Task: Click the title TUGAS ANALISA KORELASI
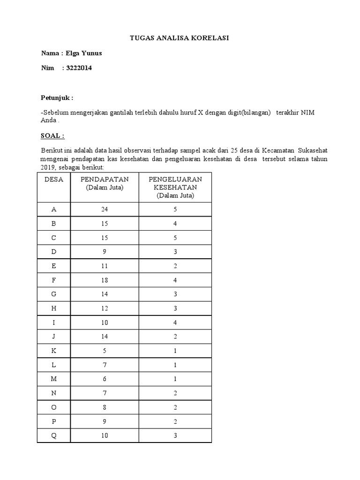point(180,38)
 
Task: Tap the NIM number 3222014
point(79,68)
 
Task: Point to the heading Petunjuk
point(57,98)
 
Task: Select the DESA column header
point(53,180)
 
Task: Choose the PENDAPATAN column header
point(104,180)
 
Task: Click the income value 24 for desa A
point(104,210)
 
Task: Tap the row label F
point(53,280)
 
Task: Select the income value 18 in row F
point(104,280)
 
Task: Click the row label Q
point(53,435)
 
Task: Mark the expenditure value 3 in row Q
point(175,435)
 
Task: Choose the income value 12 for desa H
point(104,308)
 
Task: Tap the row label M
point(53,379)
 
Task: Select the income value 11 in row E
point(104,266)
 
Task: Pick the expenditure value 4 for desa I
point(175,322)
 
